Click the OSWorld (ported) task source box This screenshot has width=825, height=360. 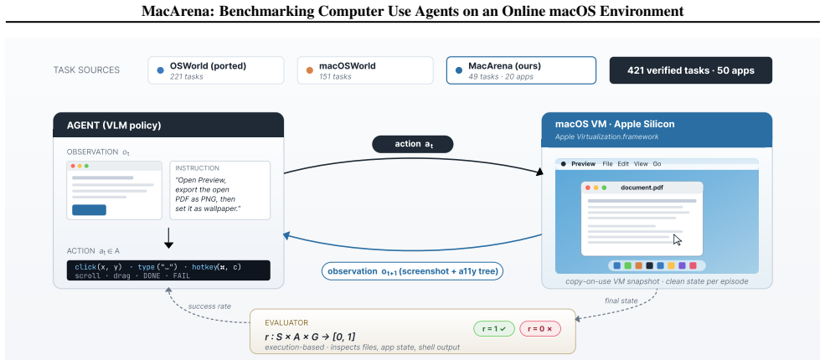coord(216,70)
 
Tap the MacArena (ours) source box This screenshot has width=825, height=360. coord(521,70)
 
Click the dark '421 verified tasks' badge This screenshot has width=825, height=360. coord(691,70)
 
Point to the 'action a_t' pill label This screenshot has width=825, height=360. coord(412,145)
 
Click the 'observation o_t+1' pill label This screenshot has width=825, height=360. coord(412,272)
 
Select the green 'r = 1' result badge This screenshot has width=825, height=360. coord(494,329)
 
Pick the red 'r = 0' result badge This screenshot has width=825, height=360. coord(540,329)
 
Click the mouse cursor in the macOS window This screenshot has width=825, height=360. coord(678,240)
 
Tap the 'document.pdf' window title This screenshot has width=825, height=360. coord(642,188)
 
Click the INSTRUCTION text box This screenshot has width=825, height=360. coord(220,190)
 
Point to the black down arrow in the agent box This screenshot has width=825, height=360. coord(168,238)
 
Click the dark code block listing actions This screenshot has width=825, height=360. coord(168,270)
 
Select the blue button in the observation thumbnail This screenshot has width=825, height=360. coord(89,210)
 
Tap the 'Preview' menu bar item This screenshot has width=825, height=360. coord(583,164)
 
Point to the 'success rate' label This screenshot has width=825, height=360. coord(209,306)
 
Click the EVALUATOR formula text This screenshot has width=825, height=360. coord(310,337)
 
